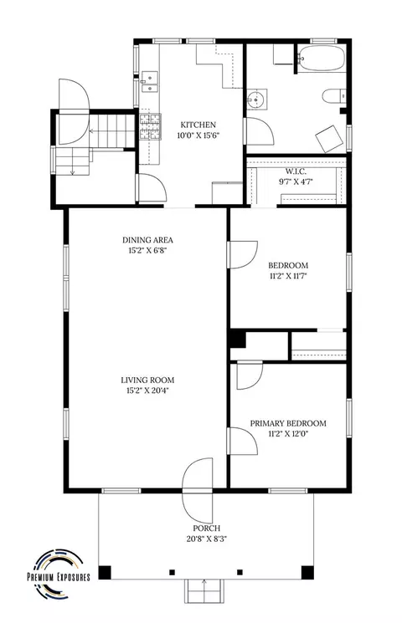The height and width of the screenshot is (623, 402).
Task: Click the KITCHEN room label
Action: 198,125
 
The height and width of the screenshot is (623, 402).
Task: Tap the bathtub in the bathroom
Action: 322,59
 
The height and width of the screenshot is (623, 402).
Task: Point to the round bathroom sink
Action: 256,100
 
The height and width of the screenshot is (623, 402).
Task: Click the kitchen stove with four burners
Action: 150,126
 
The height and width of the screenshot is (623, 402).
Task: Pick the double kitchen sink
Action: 149,82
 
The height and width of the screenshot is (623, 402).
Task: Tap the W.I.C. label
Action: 296,171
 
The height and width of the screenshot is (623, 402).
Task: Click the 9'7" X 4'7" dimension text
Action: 296,182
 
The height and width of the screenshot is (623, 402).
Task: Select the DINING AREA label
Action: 147,240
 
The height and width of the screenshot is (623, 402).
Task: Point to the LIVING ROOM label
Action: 147,380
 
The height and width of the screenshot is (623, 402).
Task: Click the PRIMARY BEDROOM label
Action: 288,423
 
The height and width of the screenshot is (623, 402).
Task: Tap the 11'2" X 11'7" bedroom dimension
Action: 288,276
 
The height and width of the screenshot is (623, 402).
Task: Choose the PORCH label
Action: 206,529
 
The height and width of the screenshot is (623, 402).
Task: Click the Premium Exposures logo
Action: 59,574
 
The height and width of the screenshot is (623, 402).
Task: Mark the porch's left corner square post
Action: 105,572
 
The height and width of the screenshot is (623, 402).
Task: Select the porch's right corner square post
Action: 307,572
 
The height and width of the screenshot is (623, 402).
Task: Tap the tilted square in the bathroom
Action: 329,139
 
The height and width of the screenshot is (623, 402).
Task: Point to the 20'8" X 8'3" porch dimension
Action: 206,539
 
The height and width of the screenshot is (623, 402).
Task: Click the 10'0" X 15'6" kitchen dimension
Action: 198,135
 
